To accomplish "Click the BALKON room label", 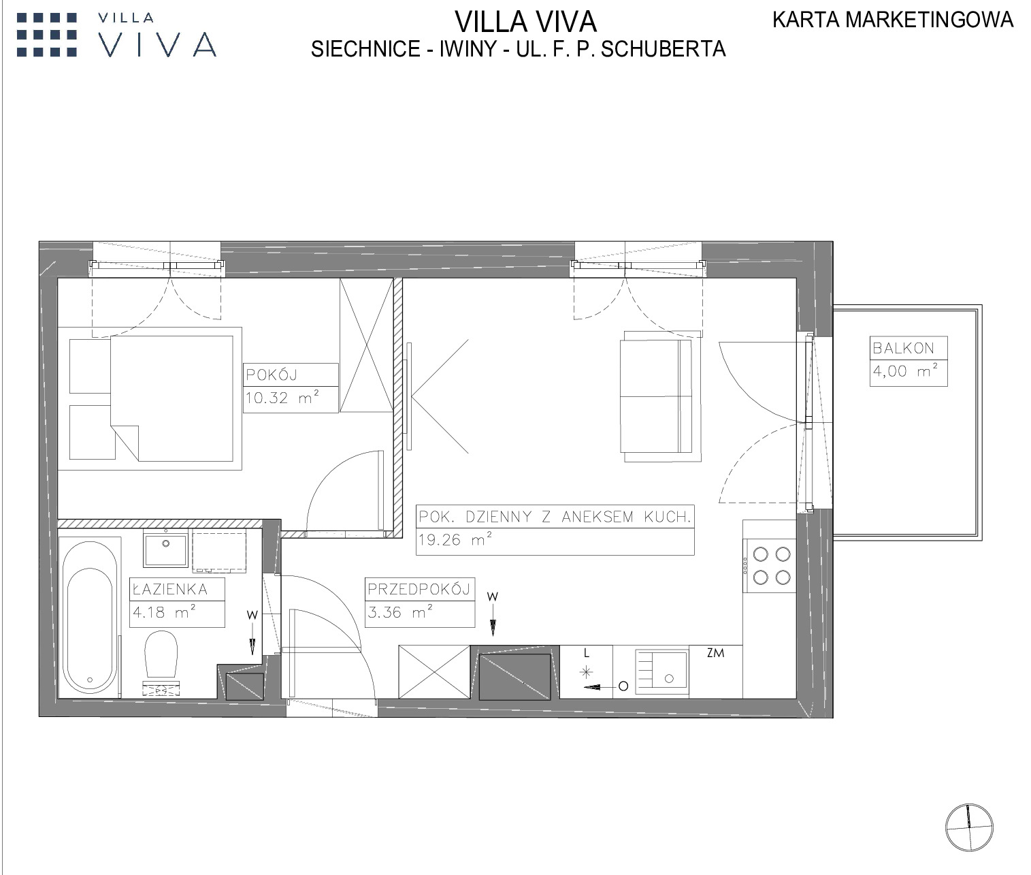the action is (903, 348).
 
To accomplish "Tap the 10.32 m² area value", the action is (282, 398).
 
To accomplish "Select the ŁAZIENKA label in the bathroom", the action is (170, 590).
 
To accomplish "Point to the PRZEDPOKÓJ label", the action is (419, 590).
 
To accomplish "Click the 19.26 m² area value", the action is (455, 539).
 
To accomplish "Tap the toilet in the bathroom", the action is (161, 654).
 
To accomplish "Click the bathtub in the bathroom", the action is (91, 618).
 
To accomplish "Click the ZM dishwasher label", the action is (716, 653).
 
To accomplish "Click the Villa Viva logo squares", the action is (46, 35).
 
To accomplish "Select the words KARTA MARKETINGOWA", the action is (893, 20).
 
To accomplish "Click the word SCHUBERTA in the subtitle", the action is (664, 49).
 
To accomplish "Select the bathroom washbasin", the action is (165, 550).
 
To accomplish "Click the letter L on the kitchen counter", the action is (587, 653).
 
